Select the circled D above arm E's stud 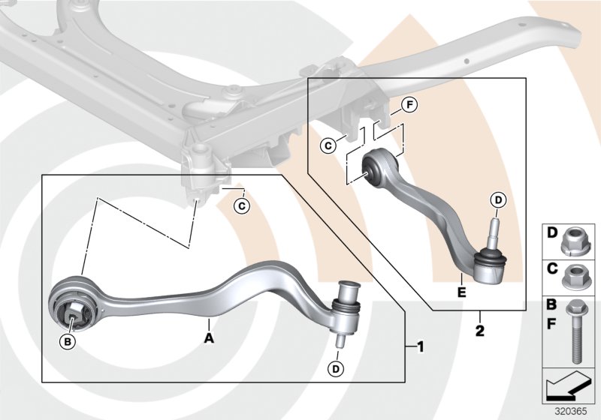click(497, 200)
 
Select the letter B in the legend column click(551, 307)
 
